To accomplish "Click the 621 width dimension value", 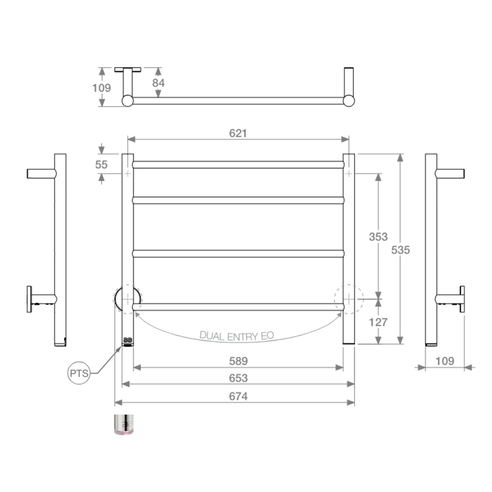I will click(x=238, y=133).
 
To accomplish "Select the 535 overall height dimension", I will click(x=400, y=250).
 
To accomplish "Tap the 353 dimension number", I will click(x=378, y=236).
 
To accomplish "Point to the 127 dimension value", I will click(x=378, y=322).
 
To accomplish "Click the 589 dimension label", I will click(x=238, y=361).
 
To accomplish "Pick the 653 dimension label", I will click(x=238, y=378).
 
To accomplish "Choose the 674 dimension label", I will click(x=238, y=396).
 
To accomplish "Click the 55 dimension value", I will click(x=101, y=164).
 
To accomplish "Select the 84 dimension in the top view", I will click(x=158, y=83).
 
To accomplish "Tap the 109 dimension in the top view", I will click(x=101, y=88).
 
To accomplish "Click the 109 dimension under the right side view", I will click(x=444, y=361).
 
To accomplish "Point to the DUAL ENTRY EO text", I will click(x=236, y=335).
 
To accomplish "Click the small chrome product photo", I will click(x=125, y=424).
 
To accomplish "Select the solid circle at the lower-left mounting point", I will click(x=127, y=299).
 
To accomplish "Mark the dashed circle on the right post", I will click(x=349, y=299).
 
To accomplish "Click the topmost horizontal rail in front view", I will click(x=238, y=164).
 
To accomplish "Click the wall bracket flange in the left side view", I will click(x=29, y=299).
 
